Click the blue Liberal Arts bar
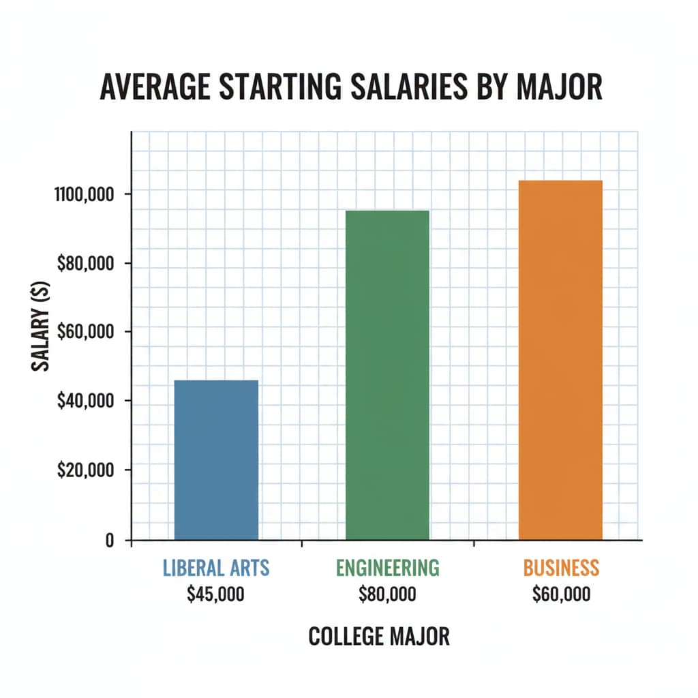(x=216, y=460)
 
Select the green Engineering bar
(x=387, y=375)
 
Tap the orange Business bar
(x=560, y=360)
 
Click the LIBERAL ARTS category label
(x=216, y=568)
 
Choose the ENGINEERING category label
(x=387, y=568)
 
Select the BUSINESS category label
(x=561, y=568)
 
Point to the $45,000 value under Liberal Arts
(x=215, y=594)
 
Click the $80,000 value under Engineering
(x=387, y=594)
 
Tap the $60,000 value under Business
(x=561, y=594)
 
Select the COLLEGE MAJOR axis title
(x=379, y=637)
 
